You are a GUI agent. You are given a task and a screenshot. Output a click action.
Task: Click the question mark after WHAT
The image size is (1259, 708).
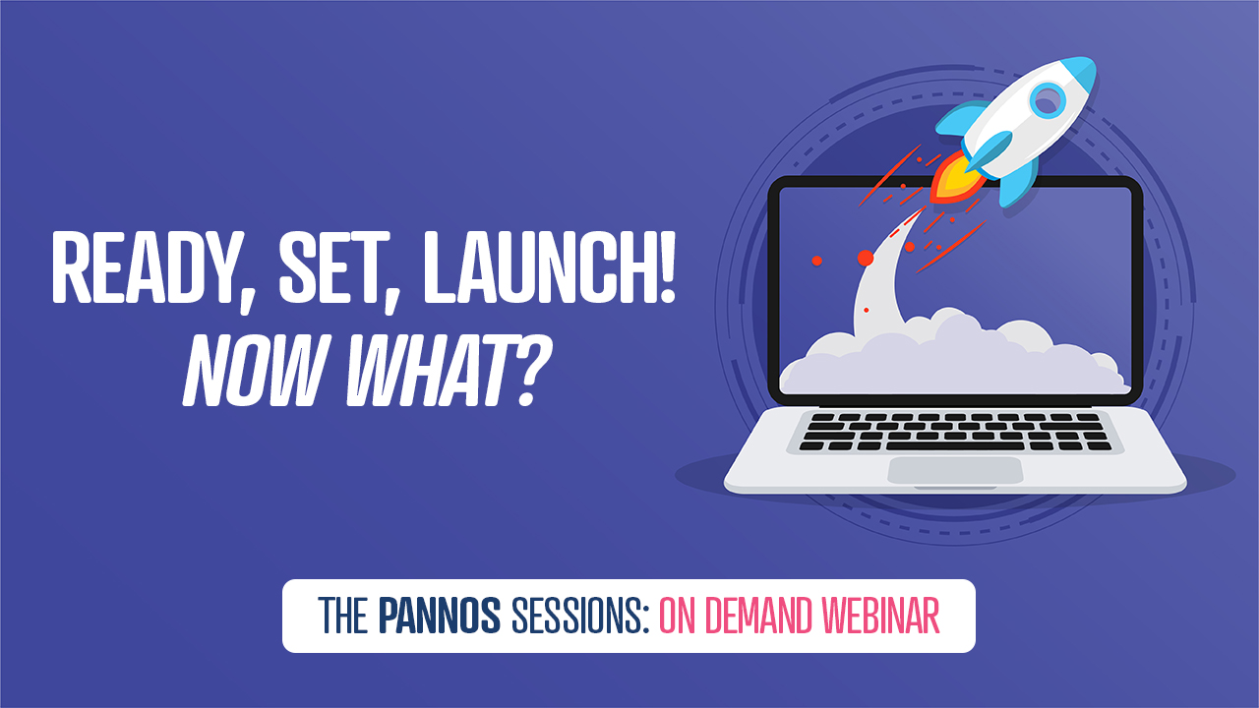coord(534,372)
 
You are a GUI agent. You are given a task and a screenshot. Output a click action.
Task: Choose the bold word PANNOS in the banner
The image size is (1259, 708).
coord(439,616)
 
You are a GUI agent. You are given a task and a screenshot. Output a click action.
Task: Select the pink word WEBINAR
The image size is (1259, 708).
coord(880,616)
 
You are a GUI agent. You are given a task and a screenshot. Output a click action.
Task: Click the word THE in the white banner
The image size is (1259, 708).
coord(343,616)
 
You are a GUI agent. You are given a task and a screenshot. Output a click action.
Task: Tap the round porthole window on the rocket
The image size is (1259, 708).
coord(1048,100)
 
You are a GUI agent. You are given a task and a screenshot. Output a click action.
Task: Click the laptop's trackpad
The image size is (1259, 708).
coord(955,470)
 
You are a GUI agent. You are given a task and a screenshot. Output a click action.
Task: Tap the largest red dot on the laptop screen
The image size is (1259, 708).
coord(866,258)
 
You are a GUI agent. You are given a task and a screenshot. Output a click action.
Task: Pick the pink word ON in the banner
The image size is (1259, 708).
coord(679,616)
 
